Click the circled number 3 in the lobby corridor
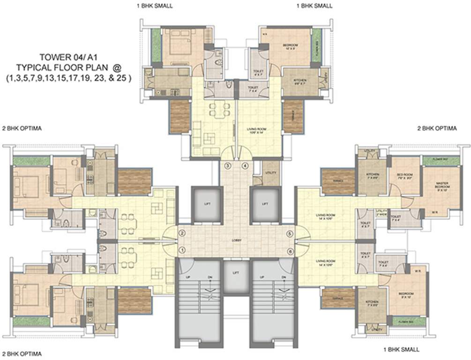coord(228,165)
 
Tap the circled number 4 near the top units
coord(244,165)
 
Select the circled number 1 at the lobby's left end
coord(183,249)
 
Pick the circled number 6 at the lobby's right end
coord(290,251)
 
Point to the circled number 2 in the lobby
coord(183,233)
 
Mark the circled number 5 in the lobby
coord(290,233)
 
